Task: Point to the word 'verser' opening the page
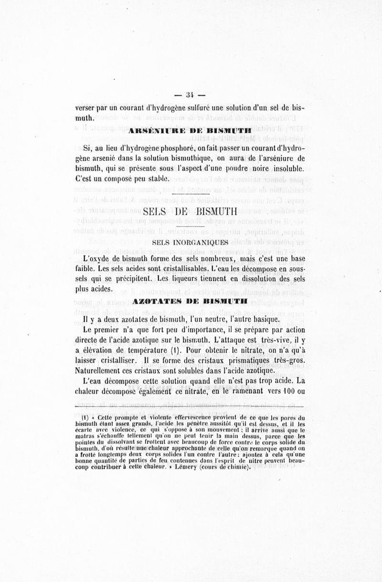(86, 108)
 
